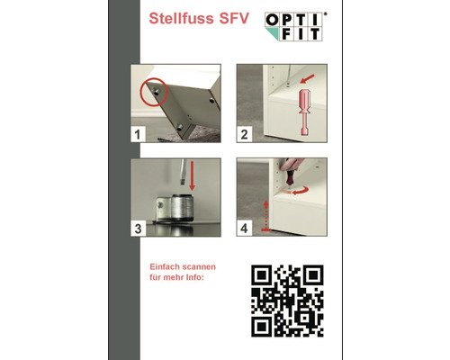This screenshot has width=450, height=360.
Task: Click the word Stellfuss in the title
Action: (x=181, y=18)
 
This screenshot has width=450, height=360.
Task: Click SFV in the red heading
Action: (x=234, y=18)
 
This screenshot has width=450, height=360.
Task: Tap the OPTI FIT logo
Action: (x=295, y=26)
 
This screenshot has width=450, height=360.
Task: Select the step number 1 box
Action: (x=138, y=134)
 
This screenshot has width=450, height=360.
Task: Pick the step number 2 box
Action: (x=244, y=134)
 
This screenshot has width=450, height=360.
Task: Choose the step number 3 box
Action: (x=138, y=229)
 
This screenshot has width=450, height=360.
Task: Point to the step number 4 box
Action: (x=244, y=229)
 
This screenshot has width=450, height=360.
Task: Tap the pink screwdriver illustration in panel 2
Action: (x=305, y=112)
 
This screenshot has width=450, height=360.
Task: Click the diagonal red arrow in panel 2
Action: (x=308, y=79)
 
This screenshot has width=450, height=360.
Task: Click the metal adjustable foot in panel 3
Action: (x=175, y=208)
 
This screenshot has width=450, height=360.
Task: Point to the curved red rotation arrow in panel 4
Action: (x=301, y=190)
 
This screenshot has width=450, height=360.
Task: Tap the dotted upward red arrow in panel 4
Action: (x=265, y=216)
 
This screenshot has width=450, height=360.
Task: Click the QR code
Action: (x=287, y=301)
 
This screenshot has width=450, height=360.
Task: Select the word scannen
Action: (x=199, y=266)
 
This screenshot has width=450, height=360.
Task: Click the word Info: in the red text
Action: (x=195, y=277)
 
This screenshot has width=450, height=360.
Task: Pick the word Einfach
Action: (x=165, y=266)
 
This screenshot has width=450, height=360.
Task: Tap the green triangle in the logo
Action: (x=272, y=34)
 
